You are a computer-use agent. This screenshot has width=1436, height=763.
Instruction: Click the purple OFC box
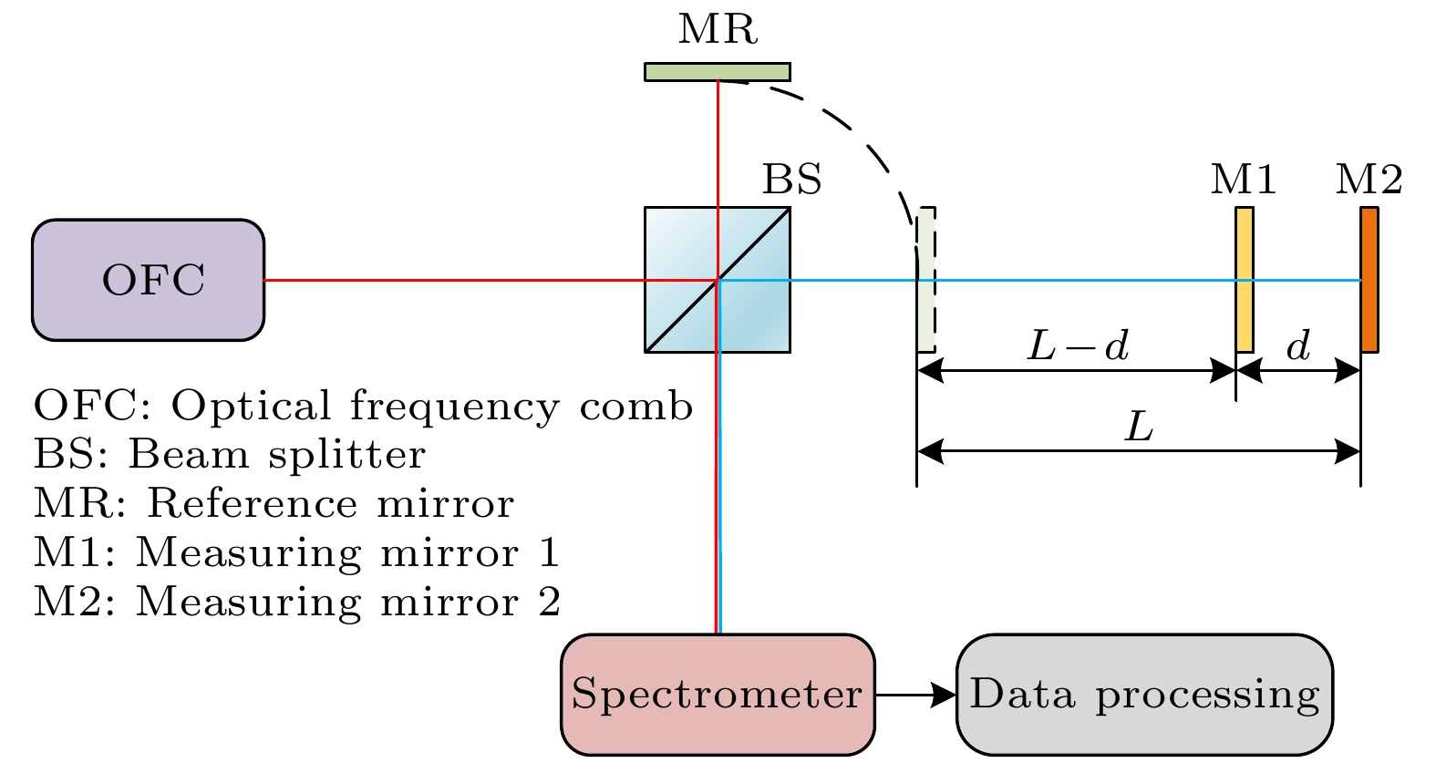tap(149, 280)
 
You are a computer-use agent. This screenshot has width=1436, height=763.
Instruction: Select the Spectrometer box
tap(718, 695)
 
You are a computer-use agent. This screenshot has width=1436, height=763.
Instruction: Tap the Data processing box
tap(1144, 695)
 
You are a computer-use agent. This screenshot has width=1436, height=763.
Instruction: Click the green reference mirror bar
tap(718, 72)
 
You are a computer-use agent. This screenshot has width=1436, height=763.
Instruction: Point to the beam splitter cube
tap(718, 280)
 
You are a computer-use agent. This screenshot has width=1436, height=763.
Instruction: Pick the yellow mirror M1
tap(1244, 280)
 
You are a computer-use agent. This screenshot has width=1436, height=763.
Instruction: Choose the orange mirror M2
tap(1369, 280)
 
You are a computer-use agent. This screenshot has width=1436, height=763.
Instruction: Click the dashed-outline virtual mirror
tap(926, 280)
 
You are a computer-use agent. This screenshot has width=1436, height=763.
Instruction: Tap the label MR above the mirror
tap(718, 29)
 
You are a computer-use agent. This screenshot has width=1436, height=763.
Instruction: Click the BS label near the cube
tap(791, 180)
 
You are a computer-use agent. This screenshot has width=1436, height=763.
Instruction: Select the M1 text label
tap(1243, 180)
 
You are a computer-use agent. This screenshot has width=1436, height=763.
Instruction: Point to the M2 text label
tap(1369, 180)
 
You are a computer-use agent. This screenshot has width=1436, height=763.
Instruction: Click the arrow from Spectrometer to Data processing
tap(914, 695)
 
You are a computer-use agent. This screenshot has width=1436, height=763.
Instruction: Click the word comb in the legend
tap(635, 407)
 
